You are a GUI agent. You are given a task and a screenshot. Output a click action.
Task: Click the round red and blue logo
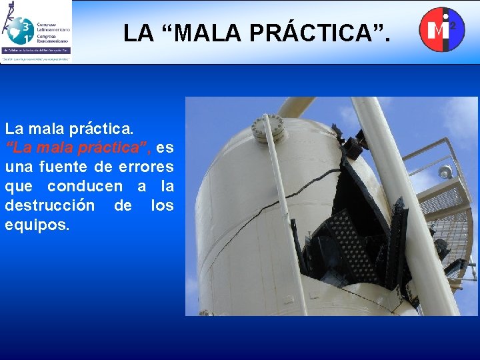[441, 29]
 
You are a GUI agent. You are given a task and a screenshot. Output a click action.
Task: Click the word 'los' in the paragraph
[162, 205]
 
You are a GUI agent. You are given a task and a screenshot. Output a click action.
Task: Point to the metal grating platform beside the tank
[454, 220]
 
